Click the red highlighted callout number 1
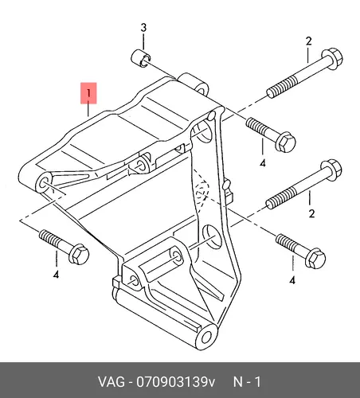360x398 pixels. click(88, 93)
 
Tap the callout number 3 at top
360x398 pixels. click(143, 27)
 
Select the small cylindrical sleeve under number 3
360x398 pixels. click(141, 58)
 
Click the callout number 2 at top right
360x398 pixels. click(308, 41)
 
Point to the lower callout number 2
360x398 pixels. click(311, 213)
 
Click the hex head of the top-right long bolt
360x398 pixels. click(332, 58)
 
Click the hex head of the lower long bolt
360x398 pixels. click(331, 170)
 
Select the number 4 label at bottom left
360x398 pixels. click(56, 275)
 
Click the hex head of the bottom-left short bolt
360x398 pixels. click(79, 254)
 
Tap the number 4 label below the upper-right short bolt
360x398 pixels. click(263, 163)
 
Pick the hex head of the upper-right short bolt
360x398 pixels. click(285, 142)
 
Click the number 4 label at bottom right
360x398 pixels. click(292, 280)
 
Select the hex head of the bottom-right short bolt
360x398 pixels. click(315, 259)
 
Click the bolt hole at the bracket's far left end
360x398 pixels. click(43, 183)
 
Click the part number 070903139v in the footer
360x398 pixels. click(176, 382)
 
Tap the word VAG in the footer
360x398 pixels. click(112, 382)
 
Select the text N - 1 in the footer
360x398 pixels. click(247, 382)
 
